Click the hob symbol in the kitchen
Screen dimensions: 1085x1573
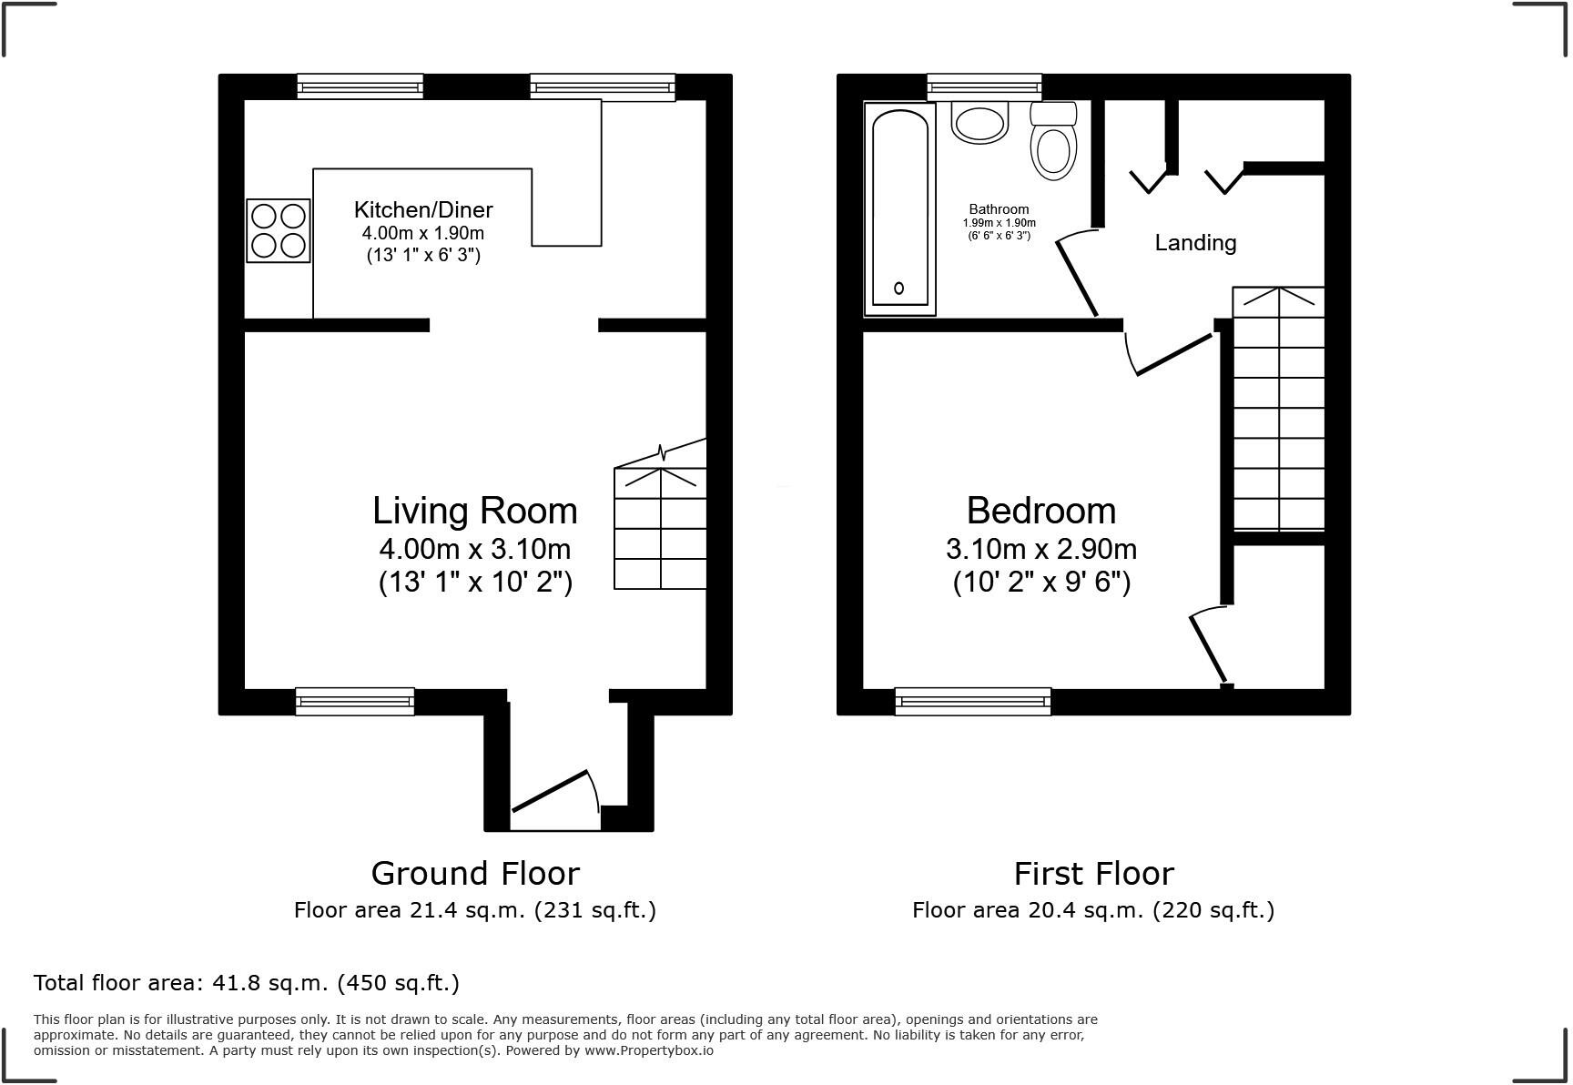(279, 231)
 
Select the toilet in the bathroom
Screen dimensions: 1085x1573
(1054, 144)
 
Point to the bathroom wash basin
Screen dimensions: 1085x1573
(980, 122)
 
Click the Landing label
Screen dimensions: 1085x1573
(1195, 243)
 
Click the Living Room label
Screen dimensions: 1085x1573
(474, 511)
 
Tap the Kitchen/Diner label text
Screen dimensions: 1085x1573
(423, 210)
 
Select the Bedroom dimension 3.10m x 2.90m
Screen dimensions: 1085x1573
(1041, 550)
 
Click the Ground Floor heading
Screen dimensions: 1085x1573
(475, 874)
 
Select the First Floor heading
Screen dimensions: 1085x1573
(1093, 874)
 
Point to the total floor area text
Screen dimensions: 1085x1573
(246, 983)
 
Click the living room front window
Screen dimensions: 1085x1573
(355, 701)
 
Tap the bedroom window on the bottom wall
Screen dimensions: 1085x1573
(973, 701)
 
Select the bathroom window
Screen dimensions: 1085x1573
(984, 87)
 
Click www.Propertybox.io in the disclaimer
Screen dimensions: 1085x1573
(649, 1050)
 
